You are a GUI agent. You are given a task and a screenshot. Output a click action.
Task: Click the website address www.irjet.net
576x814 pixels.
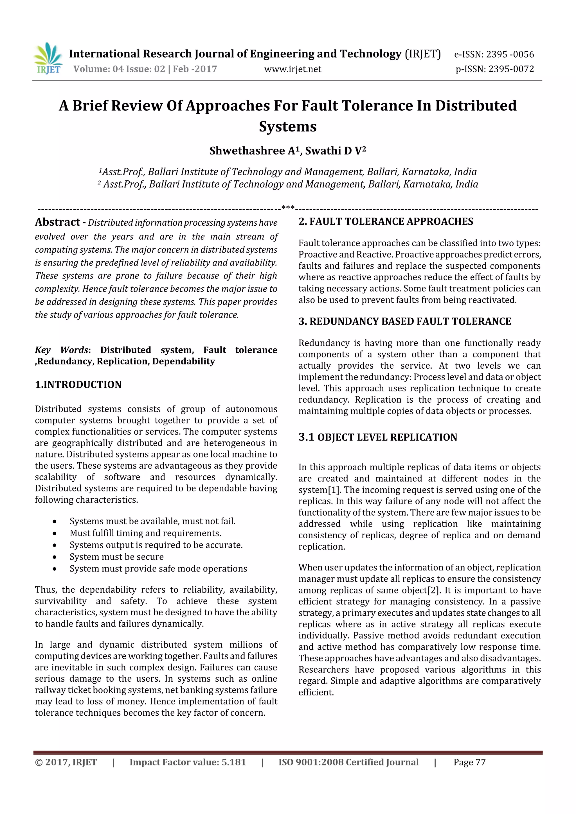coord(292,69)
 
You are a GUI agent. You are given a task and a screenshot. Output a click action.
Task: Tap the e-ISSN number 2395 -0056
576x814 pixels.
coord(510,55)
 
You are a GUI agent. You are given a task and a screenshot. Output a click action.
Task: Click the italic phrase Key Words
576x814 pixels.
coord(61,350)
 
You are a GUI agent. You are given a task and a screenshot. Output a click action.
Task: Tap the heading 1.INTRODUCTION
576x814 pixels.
coord(78,385)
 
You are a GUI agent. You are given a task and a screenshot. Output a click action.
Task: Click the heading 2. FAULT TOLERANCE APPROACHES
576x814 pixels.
coord(386,222)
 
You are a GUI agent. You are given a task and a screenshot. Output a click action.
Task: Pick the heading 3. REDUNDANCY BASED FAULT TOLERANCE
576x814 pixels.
coord(405,321)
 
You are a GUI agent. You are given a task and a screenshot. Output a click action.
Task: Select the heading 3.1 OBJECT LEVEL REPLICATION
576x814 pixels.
coord(378,437)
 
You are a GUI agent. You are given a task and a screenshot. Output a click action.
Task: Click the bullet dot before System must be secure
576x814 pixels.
coord(54,557)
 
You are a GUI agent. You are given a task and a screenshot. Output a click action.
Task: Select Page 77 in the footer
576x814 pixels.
coord(469,762)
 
